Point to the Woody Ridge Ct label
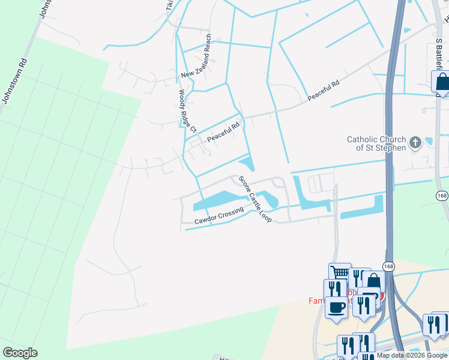pos(188,112)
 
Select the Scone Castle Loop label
pos(255,199)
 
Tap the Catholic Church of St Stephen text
pos(376,143)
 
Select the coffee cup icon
pos(336,307)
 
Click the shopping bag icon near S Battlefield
pos(442,82)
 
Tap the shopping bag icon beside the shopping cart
pos(373,281)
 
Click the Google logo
pos(20,352)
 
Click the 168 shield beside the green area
pos(442,196)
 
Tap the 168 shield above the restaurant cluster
pos(388,266)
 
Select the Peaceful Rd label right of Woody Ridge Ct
pos(223,133)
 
